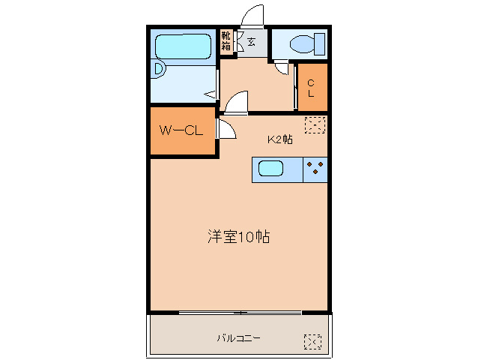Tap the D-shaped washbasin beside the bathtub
pos(158,68)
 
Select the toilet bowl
pos(307,43)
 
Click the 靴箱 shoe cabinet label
pos(226,40)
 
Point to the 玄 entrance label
pos(251,41)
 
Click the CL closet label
pos(312,88)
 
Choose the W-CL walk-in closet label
pos(181,130)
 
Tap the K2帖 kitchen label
pos(280,139)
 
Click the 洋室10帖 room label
pos(238,238)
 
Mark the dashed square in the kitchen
pos(315,124)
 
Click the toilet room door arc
pos(282,69)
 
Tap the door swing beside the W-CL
pos(226,128)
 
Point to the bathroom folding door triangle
pos(213,94)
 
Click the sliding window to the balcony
pos(240,312)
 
